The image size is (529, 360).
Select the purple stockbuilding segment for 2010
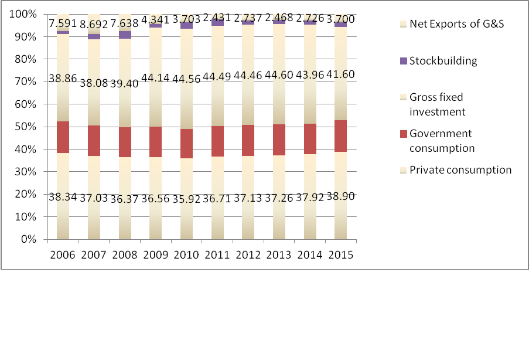coord(187,25)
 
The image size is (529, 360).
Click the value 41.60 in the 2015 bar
coord(341,74)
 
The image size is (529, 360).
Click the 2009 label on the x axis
coord(156,255)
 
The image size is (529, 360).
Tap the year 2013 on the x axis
coord(279,255)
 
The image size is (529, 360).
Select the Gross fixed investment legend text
coord(437,104)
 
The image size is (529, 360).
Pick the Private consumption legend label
coord(460,170)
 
